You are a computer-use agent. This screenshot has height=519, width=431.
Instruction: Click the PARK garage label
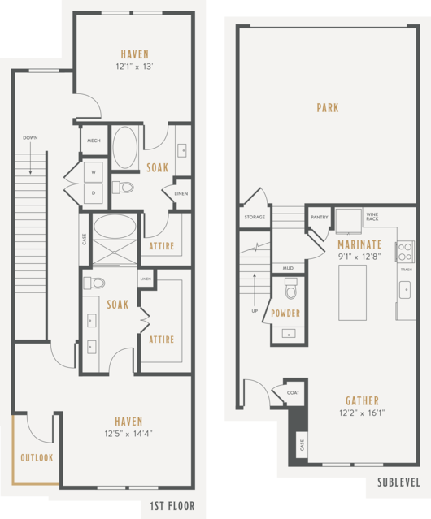pos(328,107)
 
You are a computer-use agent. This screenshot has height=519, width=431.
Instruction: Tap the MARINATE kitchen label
pos(359,244)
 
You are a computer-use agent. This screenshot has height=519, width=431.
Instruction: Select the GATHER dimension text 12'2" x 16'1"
pos(362,413)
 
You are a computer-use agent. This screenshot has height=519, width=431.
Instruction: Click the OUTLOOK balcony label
pos(37,458)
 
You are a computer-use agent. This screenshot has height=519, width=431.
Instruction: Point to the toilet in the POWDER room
pos(291,288)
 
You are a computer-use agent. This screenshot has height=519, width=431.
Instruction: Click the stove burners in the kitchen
pos(405,252)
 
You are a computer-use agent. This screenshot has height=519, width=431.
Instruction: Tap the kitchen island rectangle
pos(352,292)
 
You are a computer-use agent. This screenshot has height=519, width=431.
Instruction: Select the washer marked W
pos(94,172)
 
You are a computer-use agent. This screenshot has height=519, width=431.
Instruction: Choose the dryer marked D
pos(94,193)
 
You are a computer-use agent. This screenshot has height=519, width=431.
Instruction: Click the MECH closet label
pos(94,141)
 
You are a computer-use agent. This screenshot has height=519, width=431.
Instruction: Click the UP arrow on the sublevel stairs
pos(255,290)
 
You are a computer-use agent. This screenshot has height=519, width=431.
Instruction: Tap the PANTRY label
pos(320,218)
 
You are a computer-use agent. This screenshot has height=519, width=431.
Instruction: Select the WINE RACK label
pos(372,217)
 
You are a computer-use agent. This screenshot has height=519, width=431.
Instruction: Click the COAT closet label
pos(293,392)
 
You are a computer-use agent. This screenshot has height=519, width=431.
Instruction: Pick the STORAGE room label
pos(255,218)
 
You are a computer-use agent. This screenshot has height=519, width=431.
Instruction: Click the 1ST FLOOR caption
pos(172,506)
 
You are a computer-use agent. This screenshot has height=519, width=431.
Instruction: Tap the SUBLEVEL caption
pos(398,482)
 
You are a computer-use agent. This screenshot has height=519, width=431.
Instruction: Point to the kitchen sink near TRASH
pos(405,290)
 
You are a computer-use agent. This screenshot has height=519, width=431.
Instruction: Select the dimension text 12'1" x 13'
pos(134,67)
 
